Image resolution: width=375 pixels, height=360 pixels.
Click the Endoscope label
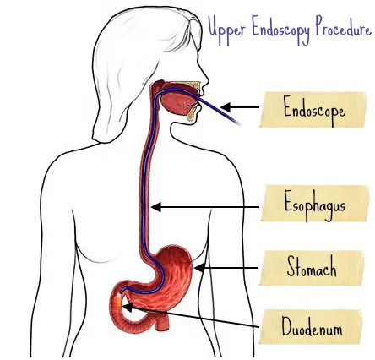(x=313, y=110)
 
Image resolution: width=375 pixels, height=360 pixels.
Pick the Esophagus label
(x=315, y=204)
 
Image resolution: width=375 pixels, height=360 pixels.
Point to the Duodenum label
(x=311, y=327)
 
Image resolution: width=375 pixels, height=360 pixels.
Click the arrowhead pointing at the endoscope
(x=226, y=107)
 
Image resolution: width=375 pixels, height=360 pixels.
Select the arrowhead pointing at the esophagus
(x=156, y=207)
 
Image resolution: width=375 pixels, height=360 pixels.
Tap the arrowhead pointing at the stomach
(x=199, y=268)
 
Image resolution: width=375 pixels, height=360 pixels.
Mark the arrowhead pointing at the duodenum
(x=128, y=308)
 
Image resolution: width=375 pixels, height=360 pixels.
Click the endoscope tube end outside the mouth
(x=238, y=123)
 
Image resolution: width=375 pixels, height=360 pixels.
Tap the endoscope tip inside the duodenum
(x=122, y=292)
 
